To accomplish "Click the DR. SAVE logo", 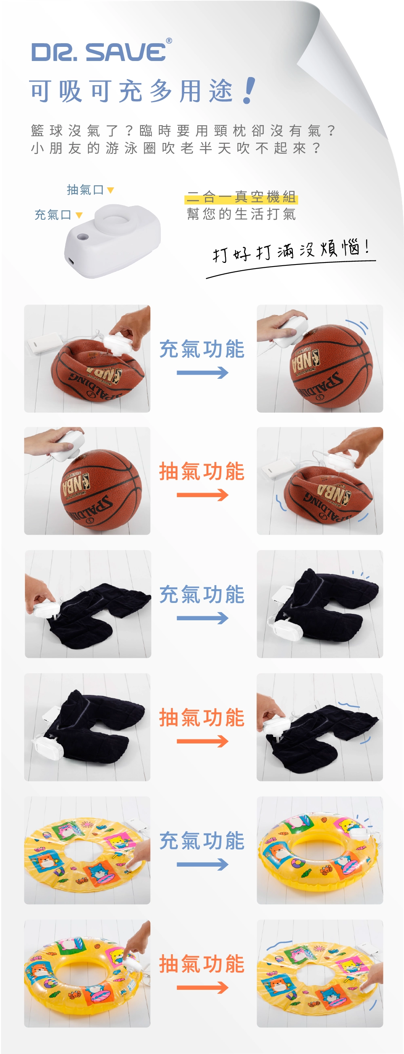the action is (x=99, y=52).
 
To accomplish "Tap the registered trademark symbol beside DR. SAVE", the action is (x=169, y=40).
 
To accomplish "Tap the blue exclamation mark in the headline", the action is (x=248, y=90).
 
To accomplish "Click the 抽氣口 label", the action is (x=85, y=190).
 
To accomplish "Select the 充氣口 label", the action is (x=53, y=215).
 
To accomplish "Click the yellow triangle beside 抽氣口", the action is (x=111, y=190).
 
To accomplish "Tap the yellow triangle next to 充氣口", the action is (x=79, y=215).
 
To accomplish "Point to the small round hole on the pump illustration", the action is (x=83, y=237).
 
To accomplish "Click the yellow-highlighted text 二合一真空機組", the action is (x=241, y=197).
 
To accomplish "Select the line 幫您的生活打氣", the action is (x=241, y=214).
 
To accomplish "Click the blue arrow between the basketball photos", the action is (x=202, y=373).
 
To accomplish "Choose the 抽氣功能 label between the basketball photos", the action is (x=202, y=471).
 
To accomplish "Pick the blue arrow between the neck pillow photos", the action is (x=202, y=618).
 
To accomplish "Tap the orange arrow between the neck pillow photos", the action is (x=202, y=741).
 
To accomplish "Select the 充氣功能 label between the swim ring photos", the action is (x=202, y=841).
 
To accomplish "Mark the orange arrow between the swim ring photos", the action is (x=202, y=987).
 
